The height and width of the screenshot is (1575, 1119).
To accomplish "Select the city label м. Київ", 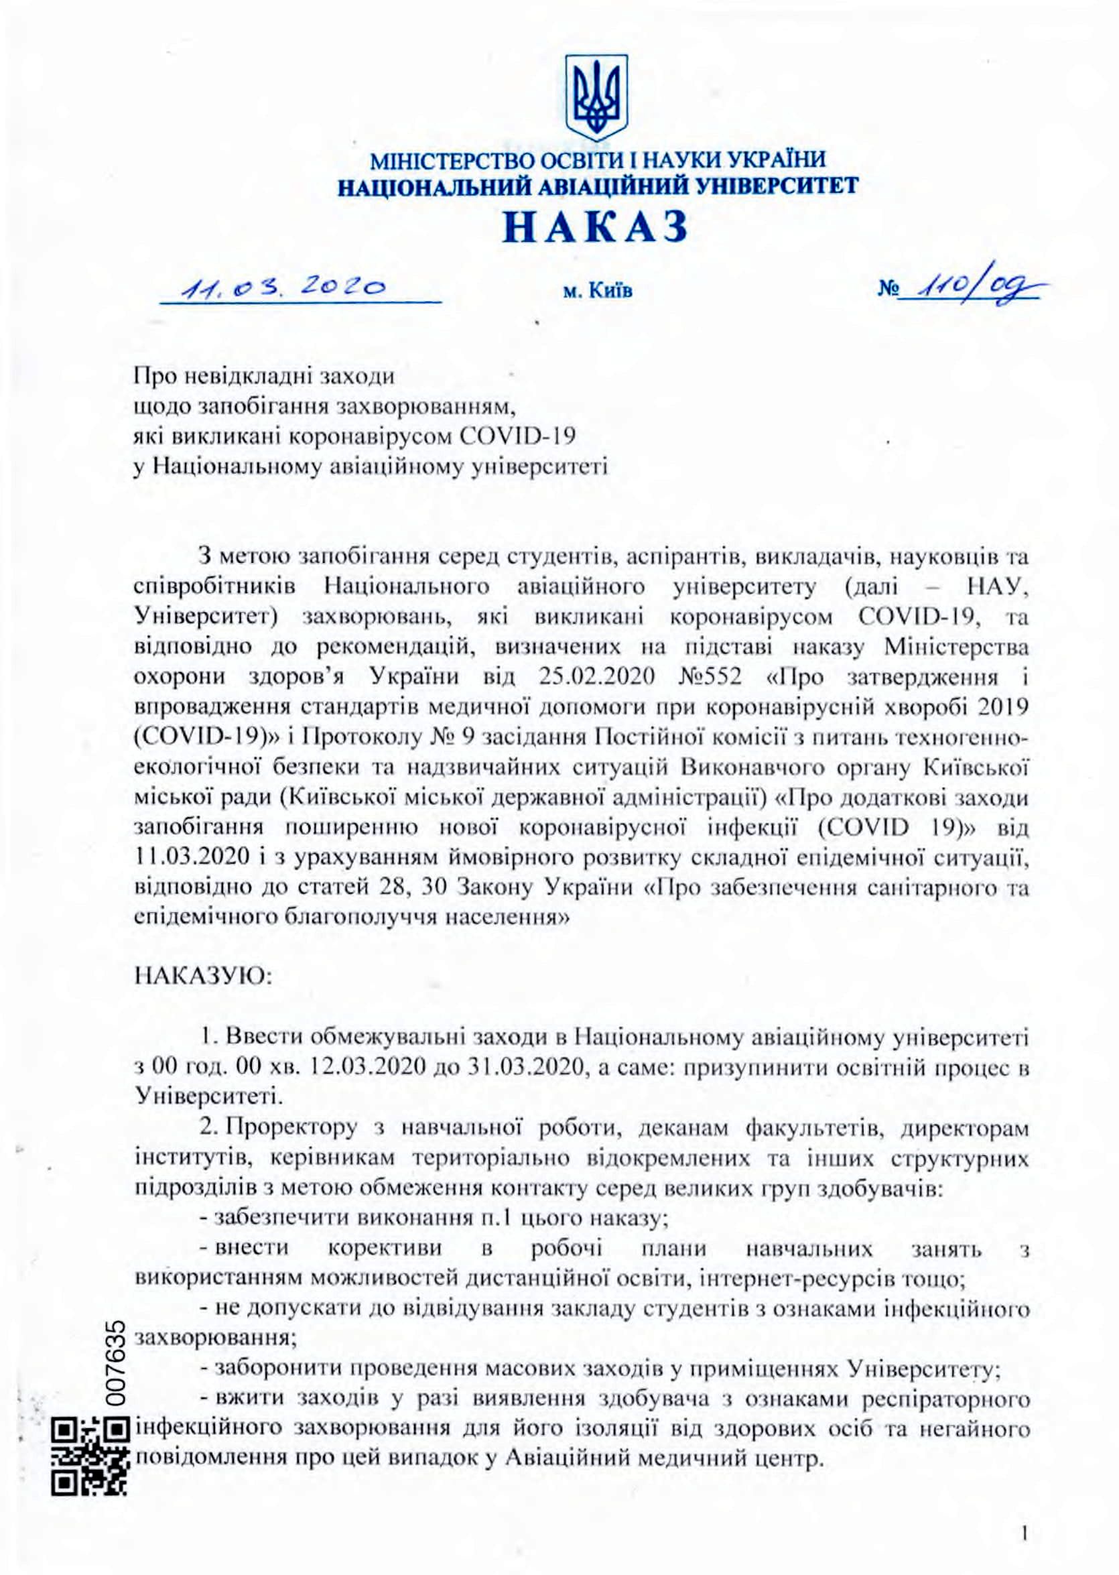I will coord(598,292).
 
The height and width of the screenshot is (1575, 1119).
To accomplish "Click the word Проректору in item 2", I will coord(288,1129).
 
